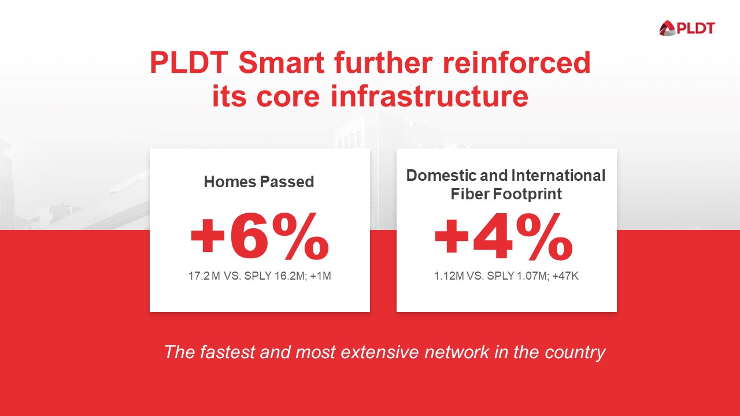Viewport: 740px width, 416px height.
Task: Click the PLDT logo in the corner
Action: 687,27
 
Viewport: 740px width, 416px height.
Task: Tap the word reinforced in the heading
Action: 517,63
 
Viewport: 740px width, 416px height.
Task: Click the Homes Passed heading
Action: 259,182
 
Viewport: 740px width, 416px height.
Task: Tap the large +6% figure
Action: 259,237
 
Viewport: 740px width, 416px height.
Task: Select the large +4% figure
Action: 503,237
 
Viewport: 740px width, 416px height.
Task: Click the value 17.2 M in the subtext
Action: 204,276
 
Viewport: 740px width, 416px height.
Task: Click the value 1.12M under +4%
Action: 449,276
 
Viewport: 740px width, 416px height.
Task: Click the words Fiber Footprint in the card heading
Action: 506,194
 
